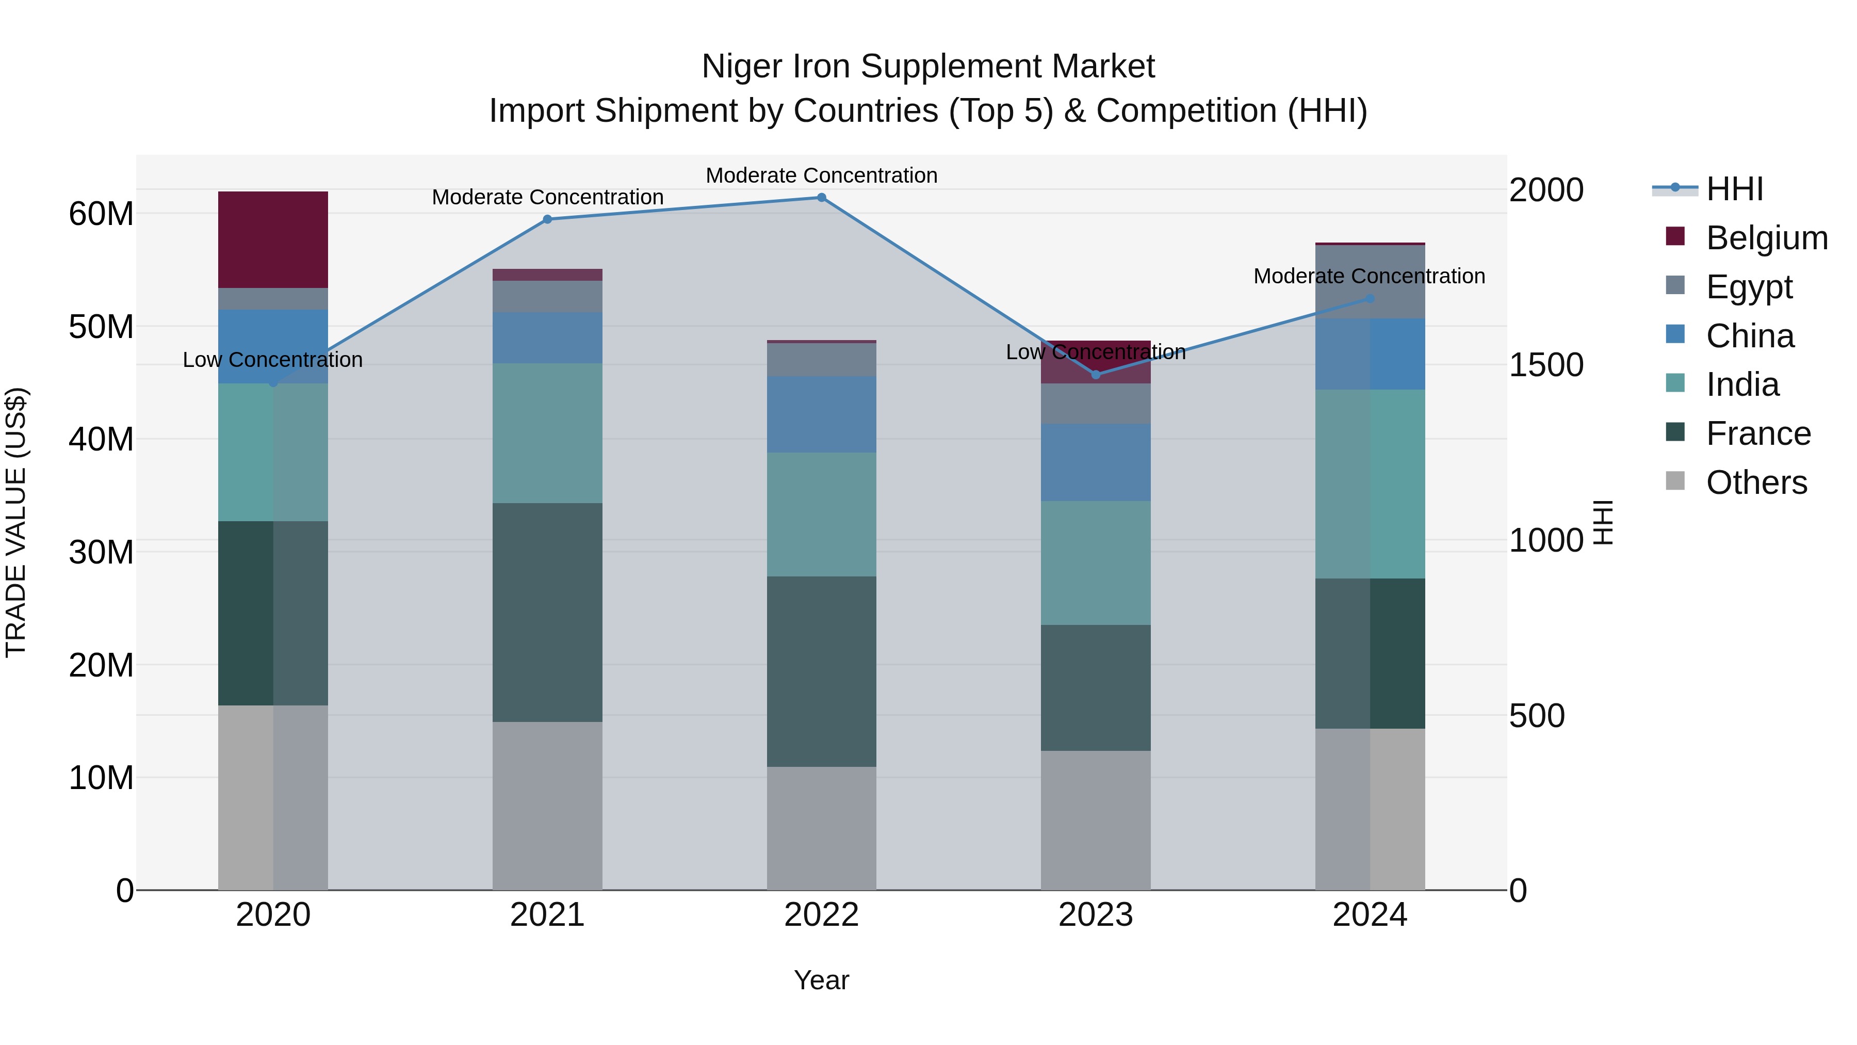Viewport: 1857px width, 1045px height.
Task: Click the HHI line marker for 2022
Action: click(x=821, y=198)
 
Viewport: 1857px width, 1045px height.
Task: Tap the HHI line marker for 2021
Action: click(x=547, y=219)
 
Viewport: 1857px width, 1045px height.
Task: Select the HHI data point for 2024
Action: click(x=1370, y=299)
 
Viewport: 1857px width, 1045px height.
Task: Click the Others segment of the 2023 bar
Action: click(x=1095, y=820)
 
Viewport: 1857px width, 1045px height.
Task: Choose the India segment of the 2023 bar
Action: click(x=1095, y=562)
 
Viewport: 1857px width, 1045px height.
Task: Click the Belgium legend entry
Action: click(x=1766, y=238)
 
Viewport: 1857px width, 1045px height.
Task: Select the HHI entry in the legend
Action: click(x=1734, y=189)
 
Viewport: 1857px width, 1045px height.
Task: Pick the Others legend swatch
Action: click(x=1675, y=481)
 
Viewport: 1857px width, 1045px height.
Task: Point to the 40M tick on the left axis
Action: click(x=101, y=439)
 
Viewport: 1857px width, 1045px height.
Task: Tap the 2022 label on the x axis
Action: click(x=821, y=915)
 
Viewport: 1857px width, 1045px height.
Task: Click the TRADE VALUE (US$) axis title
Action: click(x=16, y=522)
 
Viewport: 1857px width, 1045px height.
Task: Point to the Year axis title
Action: click(x=821, y=980)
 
